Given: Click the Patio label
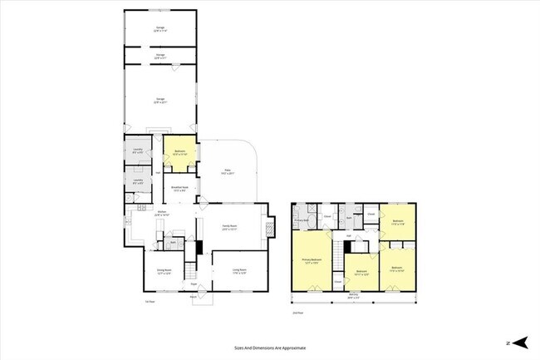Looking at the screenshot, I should pyautogui.click(x=225, y=172).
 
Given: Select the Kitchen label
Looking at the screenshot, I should pyautogui.click(x=164, y=215).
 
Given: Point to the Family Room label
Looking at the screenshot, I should pyautogui.click(x=230, y=226).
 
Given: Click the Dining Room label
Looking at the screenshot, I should pyautogui.click(x=164, y=271).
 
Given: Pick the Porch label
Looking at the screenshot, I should pyautogui.click(x=194, y=297).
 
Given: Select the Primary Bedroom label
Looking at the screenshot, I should pyautogui.click(x=311, y=261).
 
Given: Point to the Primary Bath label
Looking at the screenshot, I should pyautogui.click(x=302, y=219).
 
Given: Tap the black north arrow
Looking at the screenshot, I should pyautogui.click(x=520, y=342).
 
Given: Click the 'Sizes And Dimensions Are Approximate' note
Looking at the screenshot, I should pyautogui.click(x=270, y=348).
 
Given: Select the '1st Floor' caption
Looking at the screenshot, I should pyautogui.click(x=150, y=301).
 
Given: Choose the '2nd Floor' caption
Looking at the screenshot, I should pyautogui.click(x=297, y=313).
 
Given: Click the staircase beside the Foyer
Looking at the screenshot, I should pyautogui.click(x=190, y=270).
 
